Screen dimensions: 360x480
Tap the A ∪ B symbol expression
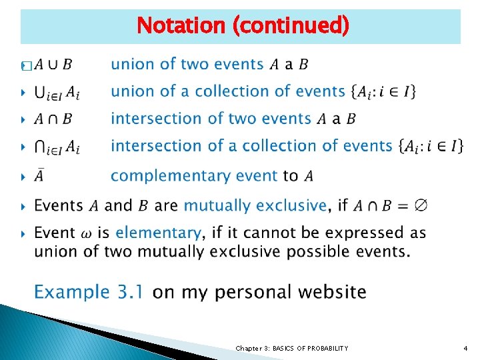pos(53,65)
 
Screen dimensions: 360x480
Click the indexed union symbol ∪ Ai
pos(57,92)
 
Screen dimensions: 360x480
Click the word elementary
pos(158,233)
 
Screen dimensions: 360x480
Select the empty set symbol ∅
pos(420,205)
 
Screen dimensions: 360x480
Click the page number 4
pos(465,349)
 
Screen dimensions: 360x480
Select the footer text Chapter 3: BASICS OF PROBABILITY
pos(292,349)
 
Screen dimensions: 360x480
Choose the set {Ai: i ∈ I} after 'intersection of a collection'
pos(430,145)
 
